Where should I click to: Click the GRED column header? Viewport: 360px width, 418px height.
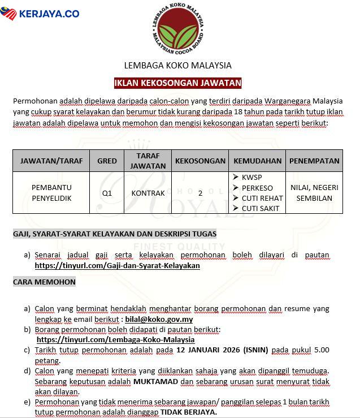pyautogui.click(x=107, y=161)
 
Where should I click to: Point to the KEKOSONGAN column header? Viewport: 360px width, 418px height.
pyautogui.click(x=200, y=161)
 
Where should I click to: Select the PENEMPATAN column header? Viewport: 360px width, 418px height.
pyautogui.click(x=314, y=161)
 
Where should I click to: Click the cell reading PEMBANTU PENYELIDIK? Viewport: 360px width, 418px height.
pyautogui.click(x=51, y=193)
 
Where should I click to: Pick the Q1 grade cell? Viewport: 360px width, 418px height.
pyautogui.click(x=107, y=193)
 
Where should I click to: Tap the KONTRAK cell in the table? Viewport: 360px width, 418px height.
pyautogui.click(x=148, y=193)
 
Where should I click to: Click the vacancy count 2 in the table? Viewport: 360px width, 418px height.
pyautogui.click(x=200, y=193)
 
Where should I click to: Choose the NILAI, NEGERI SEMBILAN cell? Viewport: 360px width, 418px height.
pyautogui.click(x=314, y=193)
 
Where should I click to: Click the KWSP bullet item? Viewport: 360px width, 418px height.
pyautogui.click(x=251, y=178)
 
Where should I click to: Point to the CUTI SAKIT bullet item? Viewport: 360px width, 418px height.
pyautogui.click(x=260, y=208)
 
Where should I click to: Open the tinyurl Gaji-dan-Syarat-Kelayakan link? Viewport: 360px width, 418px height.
pyautogui.click(x=117, y=265)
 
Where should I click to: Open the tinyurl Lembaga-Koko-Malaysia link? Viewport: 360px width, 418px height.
pyautogui.click(x=115, y=339)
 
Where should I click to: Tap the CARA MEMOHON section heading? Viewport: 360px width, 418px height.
pyautogui.click(x=44, y=282)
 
